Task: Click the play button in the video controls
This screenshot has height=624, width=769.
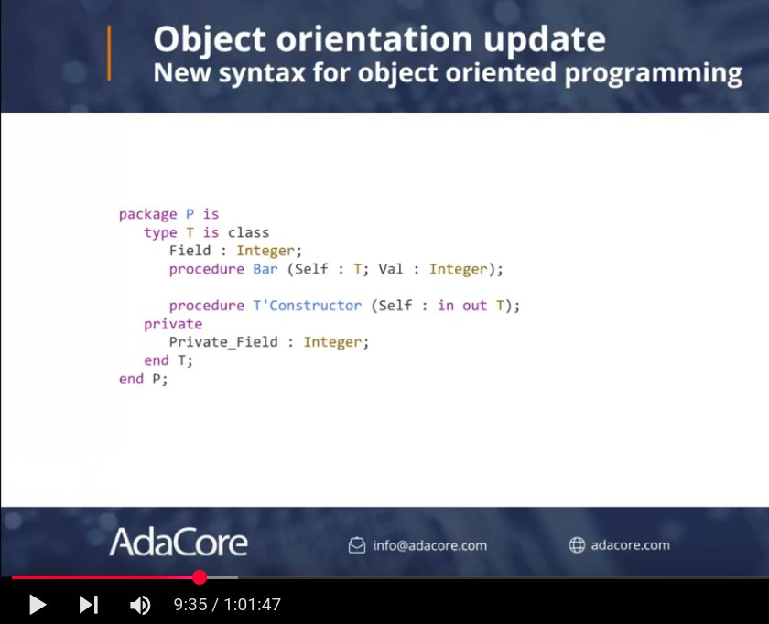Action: [x=38, y=605]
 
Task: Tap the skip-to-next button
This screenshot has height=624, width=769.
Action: [x=89, y=605]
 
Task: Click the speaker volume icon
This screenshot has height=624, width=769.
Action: [x=140, y=605]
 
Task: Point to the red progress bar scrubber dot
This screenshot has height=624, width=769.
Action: [x=200, y=577]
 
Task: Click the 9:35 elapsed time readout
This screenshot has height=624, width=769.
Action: [x=190, y=605]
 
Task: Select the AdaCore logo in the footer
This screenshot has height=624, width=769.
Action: [x=178, y=543]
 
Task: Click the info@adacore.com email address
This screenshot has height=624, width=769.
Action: [x=429, y=545]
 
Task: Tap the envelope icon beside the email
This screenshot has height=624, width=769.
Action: [x=357, y=545]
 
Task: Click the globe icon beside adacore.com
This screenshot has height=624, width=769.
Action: [x=578, y=545]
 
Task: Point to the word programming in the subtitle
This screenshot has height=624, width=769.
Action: [x=654, y=73]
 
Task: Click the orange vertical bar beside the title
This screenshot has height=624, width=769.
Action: [x=109, y=53]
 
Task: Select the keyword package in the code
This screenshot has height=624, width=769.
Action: [x=147, y=214]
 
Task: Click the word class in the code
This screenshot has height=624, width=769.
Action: [x=248, y=232]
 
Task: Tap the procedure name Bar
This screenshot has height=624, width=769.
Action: [x=265, y=269]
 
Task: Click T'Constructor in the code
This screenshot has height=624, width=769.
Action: [x=308, y=306]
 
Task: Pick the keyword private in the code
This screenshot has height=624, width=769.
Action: [x=173, y=324]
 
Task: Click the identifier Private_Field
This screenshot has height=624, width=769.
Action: [x=223, y=341]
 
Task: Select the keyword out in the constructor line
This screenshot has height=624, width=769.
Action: [x=475, y=306]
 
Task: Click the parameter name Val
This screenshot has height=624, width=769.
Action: [x=391, y=269]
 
